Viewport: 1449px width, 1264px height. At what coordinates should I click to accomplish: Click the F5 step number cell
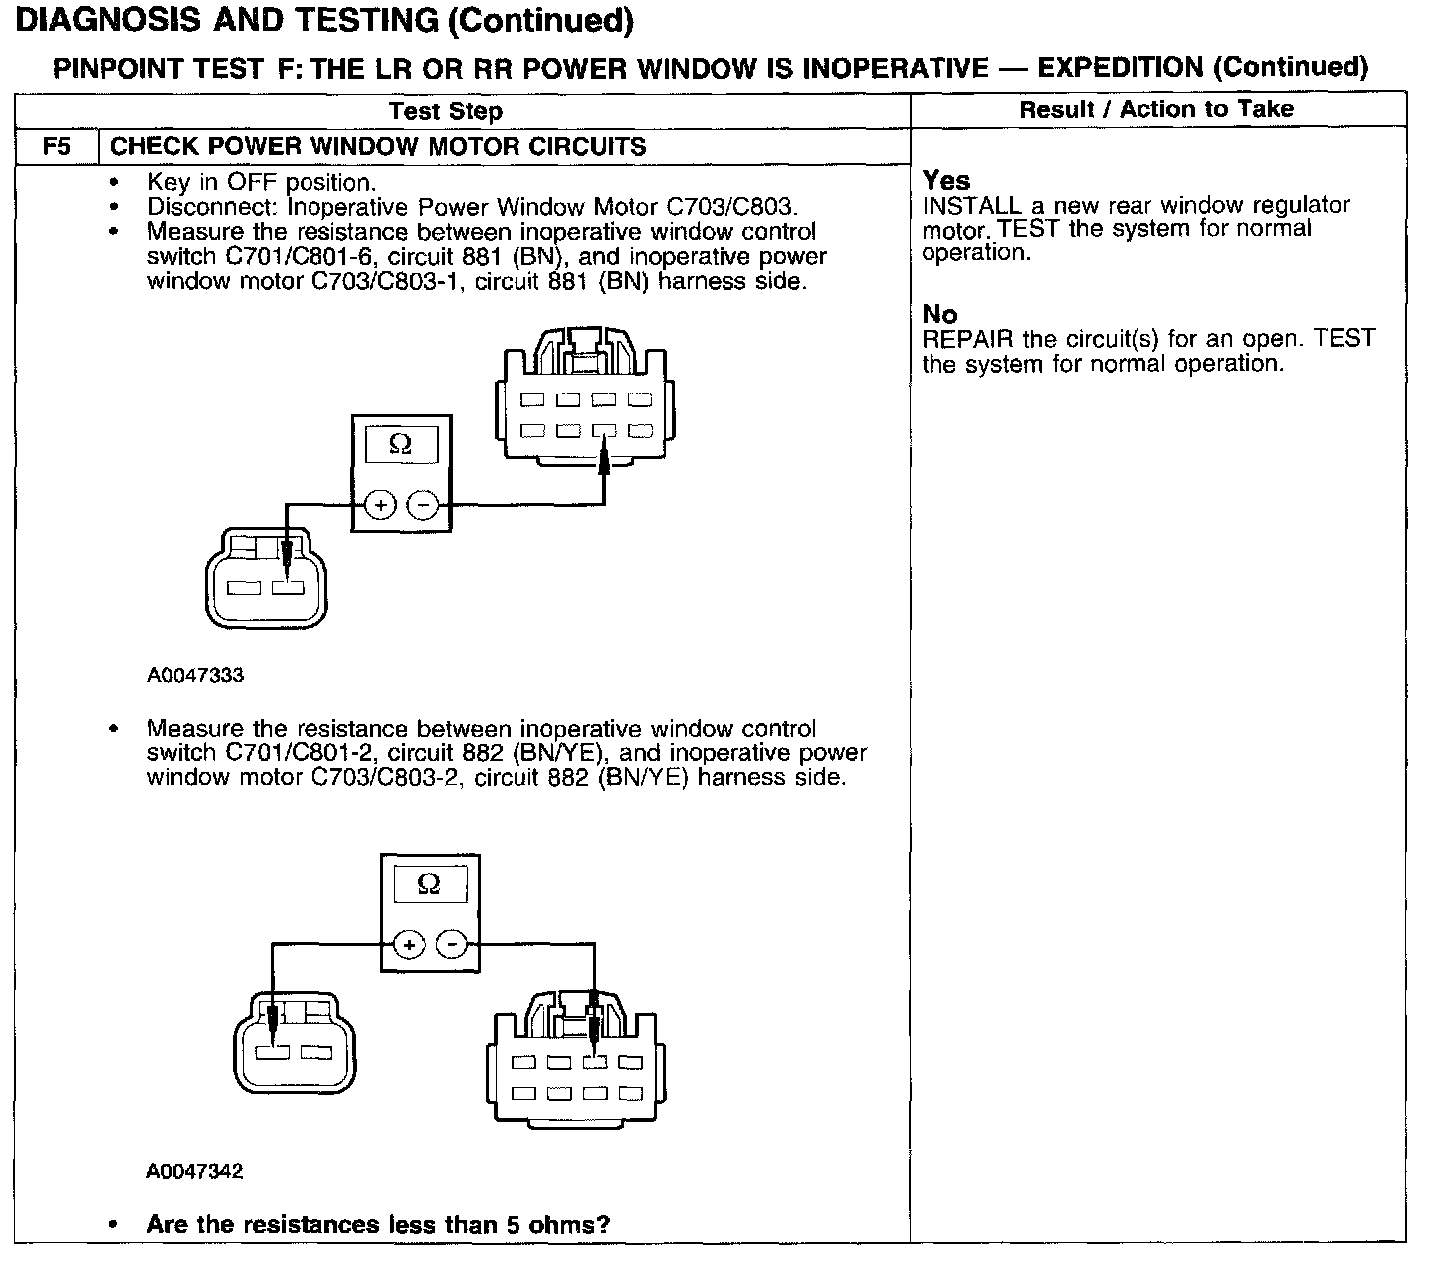click(57, 147)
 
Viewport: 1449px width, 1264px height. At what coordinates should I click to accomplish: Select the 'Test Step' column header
click(445, 110)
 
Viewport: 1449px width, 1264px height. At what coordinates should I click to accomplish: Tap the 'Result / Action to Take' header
click(1155, 108)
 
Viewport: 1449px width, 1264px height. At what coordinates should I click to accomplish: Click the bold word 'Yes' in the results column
click(945, 180)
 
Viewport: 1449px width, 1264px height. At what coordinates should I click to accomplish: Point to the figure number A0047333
click(195, 675)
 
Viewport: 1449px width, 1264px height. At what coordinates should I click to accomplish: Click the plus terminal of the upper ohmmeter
click(380, 505)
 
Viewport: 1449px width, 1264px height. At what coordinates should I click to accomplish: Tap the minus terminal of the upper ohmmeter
click(424, 505)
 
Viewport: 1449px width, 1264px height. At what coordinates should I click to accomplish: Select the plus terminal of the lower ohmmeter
click(408, 944)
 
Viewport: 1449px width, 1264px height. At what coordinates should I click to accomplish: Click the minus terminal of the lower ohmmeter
click(453, 944)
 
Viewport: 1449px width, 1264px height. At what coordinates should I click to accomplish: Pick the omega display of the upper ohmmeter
click(401, 444)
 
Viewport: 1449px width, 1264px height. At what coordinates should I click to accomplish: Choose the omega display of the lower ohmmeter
click(429, 884)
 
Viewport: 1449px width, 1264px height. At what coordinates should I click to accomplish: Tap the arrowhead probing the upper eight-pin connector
click(603, 457)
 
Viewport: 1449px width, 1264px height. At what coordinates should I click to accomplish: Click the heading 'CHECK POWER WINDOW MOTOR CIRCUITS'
click(378, 147)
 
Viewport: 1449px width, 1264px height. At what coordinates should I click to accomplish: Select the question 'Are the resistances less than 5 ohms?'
click(378, 1224)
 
